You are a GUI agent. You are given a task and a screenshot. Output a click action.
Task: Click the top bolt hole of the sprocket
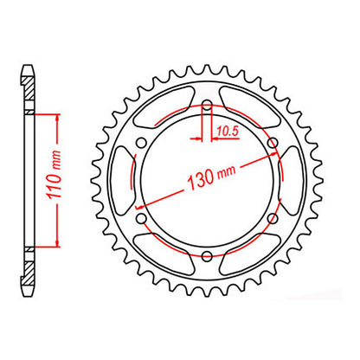point(208,107)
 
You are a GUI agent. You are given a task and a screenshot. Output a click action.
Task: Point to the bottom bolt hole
point(208,254)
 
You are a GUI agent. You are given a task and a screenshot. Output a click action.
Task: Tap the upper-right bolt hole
point(272,144)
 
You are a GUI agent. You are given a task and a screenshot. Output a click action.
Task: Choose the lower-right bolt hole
point(272,217)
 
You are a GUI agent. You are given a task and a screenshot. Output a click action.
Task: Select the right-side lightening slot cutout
point(290,180)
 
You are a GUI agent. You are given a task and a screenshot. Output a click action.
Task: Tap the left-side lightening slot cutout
point(126,180)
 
